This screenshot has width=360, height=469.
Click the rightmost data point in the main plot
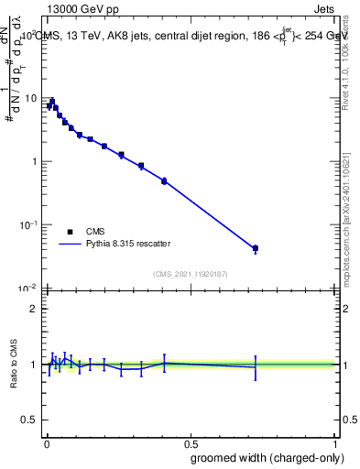(256, 248)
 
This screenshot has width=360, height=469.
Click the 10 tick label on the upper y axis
(31, 98)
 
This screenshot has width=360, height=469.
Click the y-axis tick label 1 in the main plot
(34, 161)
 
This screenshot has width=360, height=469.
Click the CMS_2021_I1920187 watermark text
(190, 274)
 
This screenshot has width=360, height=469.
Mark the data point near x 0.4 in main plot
(164, 181)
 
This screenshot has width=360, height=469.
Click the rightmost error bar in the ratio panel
(256, 367)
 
